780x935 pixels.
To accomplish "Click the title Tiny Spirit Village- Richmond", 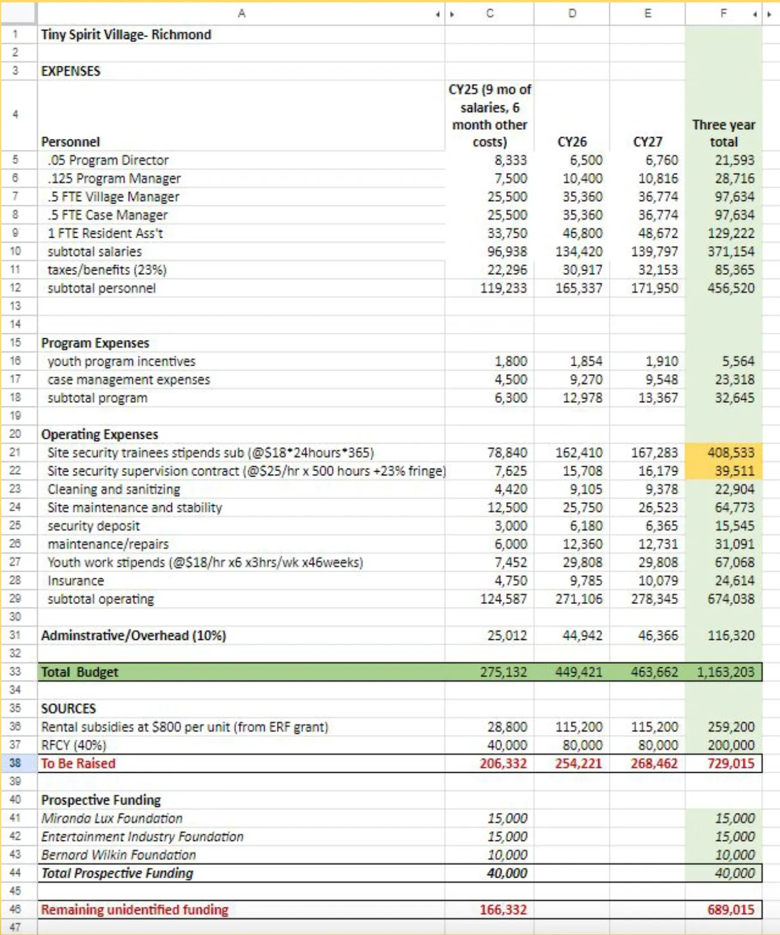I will coord(126,35).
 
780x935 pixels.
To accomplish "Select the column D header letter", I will coord(572,13).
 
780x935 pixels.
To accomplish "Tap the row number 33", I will coord(16,672).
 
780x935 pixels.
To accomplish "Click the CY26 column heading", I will coord(572,142).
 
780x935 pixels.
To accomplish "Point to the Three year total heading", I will coord(724,133).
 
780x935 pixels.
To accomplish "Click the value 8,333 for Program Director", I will coord(510,160).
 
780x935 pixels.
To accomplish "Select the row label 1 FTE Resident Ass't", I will coord(105,233).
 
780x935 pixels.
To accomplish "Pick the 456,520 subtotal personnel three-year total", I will coord(731,288).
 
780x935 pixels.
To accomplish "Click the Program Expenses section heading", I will coord(95,343).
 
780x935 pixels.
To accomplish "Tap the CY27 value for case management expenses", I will coord(658,380).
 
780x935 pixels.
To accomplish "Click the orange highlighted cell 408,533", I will coord(731,453).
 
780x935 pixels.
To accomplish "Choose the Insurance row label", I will coord(75,581).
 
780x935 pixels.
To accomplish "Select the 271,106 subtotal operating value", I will coord(579,599).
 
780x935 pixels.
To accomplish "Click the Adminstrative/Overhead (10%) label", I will coord(133,636).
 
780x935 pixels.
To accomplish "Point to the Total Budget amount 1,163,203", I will coord(725,672).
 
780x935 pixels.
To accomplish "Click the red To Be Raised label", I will coord(78,763).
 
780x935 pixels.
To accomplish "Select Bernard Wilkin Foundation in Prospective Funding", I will coord(118,855).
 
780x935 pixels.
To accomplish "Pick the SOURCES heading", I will coord(68,709).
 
